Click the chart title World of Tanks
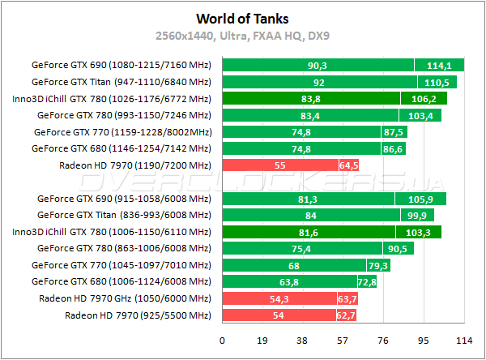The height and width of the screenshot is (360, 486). [243, 18]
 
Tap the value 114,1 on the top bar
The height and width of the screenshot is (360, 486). [438, 65]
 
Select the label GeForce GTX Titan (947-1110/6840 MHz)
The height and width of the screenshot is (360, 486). [121, 82]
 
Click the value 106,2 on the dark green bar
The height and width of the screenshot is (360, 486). [424, 99]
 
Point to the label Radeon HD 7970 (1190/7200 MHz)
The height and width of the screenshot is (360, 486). [135, 165]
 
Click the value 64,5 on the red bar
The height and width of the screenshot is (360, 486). [348, 165]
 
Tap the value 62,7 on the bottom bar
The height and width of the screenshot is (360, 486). [345, 315]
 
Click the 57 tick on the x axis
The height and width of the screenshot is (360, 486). [343, 341]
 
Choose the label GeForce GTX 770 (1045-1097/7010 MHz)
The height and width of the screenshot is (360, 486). [121, 265]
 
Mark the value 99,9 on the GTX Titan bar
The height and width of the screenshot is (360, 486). [416, 216]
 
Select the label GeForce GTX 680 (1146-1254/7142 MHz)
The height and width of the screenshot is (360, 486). [121, 148]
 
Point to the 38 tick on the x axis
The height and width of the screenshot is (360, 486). [303, 341]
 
